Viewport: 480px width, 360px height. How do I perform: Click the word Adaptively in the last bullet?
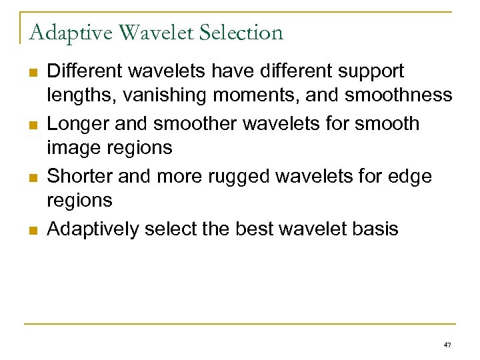tap(93, 229)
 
